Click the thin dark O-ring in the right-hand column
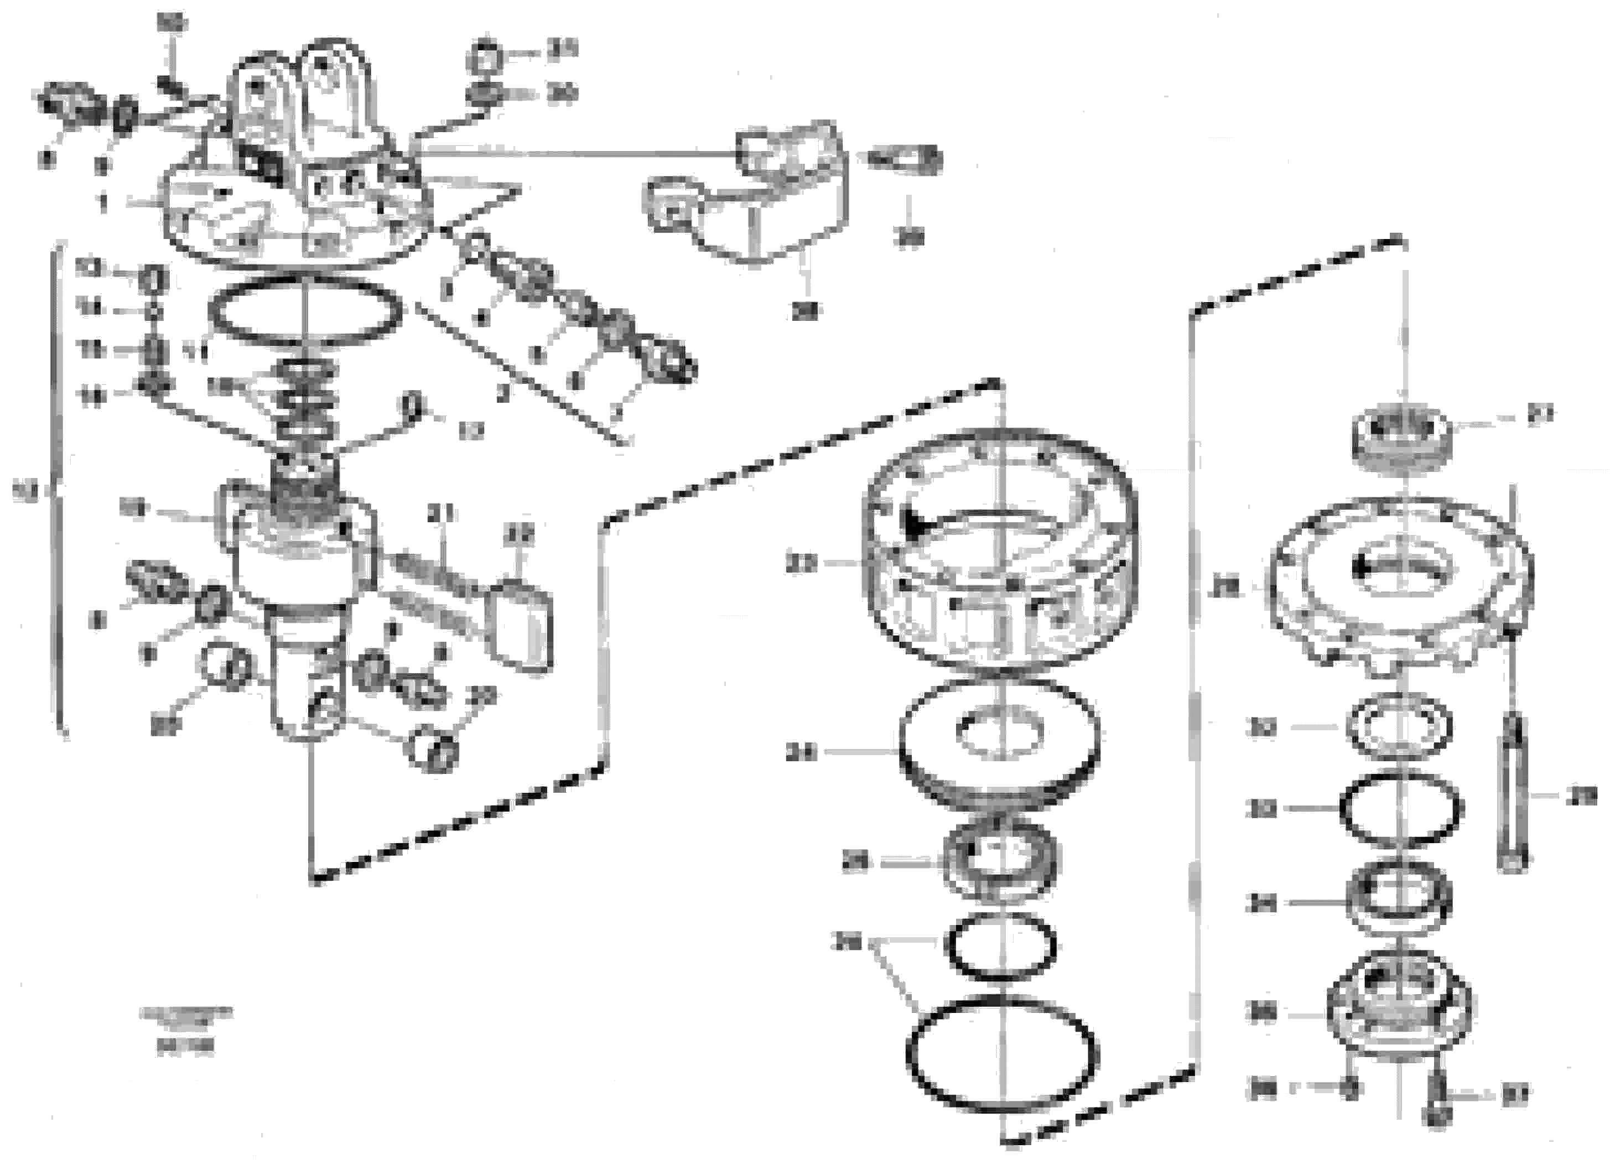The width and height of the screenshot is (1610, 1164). point(1400,810)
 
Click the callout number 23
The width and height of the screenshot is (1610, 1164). point(802,564)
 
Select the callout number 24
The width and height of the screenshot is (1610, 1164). point(802,754)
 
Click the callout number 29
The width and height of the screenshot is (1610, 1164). point(1582,796)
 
